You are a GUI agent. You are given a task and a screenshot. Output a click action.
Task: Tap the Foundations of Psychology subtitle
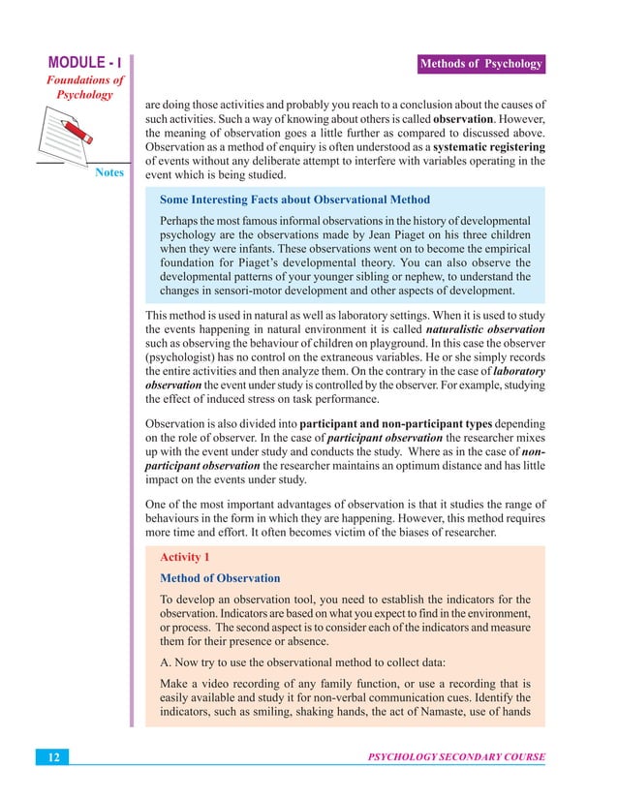tap(85, 88)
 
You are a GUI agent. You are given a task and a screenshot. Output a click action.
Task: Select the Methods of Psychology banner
tap(479, 65)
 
